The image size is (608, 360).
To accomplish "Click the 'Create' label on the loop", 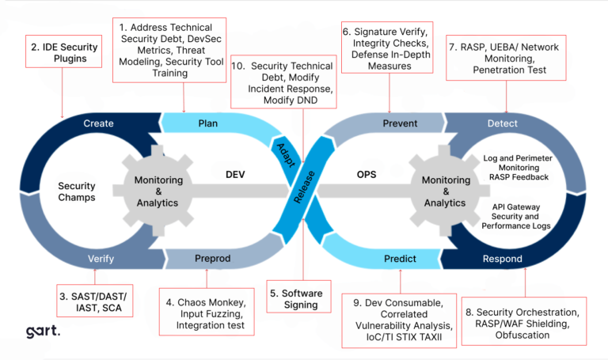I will click(x=98, y=123).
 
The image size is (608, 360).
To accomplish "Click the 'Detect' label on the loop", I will click(x=502, y=123).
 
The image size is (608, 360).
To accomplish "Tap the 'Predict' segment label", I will click(x=399, y=258).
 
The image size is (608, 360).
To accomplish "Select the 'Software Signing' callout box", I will click(x=296, y=299).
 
